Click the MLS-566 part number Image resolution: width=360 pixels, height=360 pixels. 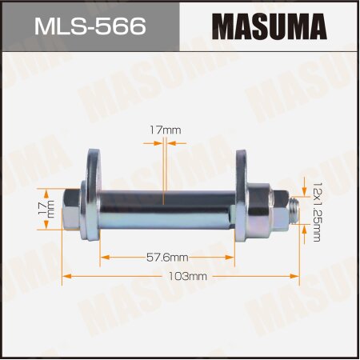pos(90,26)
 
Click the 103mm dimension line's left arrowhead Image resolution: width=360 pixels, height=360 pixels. pos(65,275)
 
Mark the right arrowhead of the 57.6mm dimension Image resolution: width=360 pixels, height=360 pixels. pos(233,257)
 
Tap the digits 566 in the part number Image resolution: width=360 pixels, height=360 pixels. pos(121,26)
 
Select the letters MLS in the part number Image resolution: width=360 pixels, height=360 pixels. pos(60,26)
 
